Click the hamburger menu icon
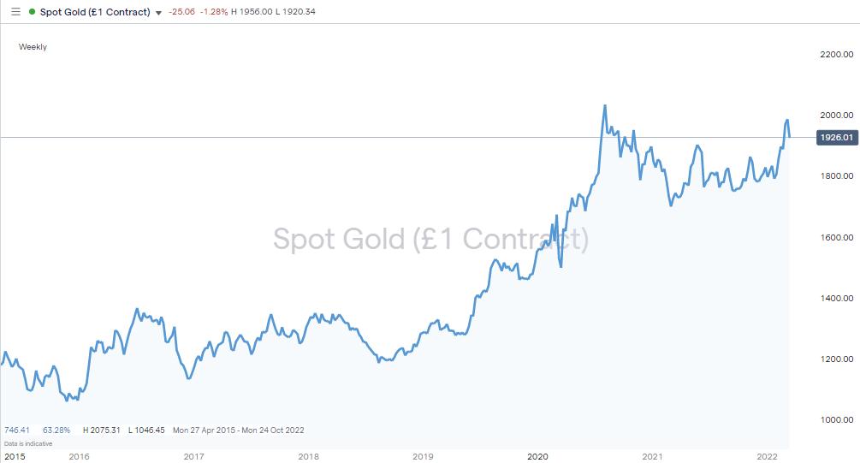point(15,12)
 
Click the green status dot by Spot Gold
point(32,12)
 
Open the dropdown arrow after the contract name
point(159,13)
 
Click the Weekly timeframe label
point(33,47)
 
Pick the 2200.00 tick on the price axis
point(836,54)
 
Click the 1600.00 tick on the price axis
point(836,237)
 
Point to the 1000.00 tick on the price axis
point(836,419)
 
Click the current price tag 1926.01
point(837,138)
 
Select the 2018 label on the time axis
point(309,456)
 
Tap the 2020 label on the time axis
point(537,456)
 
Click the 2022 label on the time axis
point(768,456)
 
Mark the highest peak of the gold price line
point(605,106)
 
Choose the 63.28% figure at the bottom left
point(56,430)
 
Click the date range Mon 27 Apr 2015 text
point(202,430)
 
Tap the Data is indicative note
point(28,443)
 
